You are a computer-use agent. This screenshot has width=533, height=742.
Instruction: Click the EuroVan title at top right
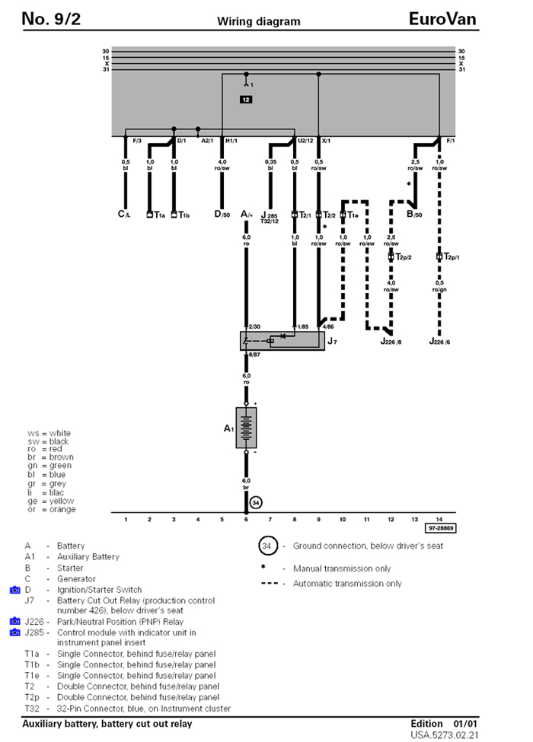442,18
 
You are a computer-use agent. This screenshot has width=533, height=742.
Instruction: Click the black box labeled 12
245,100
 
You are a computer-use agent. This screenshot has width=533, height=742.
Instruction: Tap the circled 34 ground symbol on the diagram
256,502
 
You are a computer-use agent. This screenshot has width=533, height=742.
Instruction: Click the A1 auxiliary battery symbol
246,428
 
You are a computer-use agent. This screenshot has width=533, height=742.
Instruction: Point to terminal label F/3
138,141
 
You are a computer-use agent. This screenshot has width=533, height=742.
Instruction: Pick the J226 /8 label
394,342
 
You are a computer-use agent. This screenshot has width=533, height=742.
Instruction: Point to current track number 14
439,518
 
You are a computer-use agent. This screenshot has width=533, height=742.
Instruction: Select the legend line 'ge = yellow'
51,501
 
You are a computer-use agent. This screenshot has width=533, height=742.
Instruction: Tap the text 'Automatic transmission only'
342,584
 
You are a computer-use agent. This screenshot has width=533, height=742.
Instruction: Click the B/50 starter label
414,215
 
